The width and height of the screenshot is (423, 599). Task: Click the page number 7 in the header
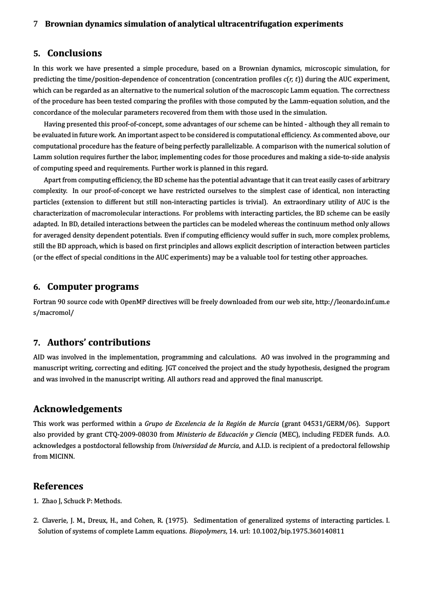[x=35, y=24]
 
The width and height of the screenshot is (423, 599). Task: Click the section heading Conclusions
[x=74, y=53]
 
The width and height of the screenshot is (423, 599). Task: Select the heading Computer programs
[x=93, y=287]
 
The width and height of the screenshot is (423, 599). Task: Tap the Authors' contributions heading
[x=99, y=343]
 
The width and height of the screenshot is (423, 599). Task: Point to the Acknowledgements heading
[x=78, y=409]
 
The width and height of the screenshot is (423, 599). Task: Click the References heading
[x=58, y=486]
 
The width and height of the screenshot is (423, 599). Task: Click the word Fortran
[x=44, y=302]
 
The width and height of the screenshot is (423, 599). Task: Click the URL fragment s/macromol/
[x=54, y=312]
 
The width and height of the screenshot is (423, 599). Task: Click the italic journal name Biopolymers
[x=207, y=531]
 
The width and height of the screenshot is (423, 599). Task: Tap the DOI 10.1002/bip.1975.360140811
[x=299, y=531]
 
